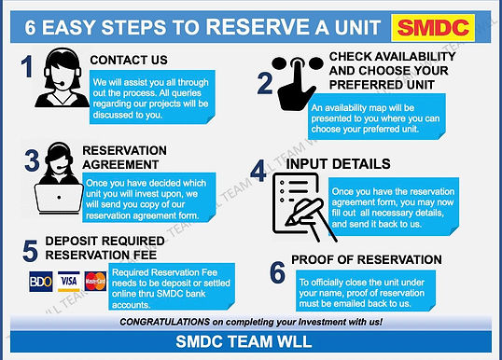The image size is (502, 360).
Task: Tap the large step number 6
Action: coord(276,271)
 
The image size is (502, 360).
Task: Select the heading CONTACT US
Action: coord(129,61)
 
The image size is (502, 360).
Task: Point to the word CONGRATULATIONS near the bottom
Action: coord(172,322)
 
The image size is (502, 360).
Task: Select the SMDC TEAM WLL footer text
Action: coord(251,344)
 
